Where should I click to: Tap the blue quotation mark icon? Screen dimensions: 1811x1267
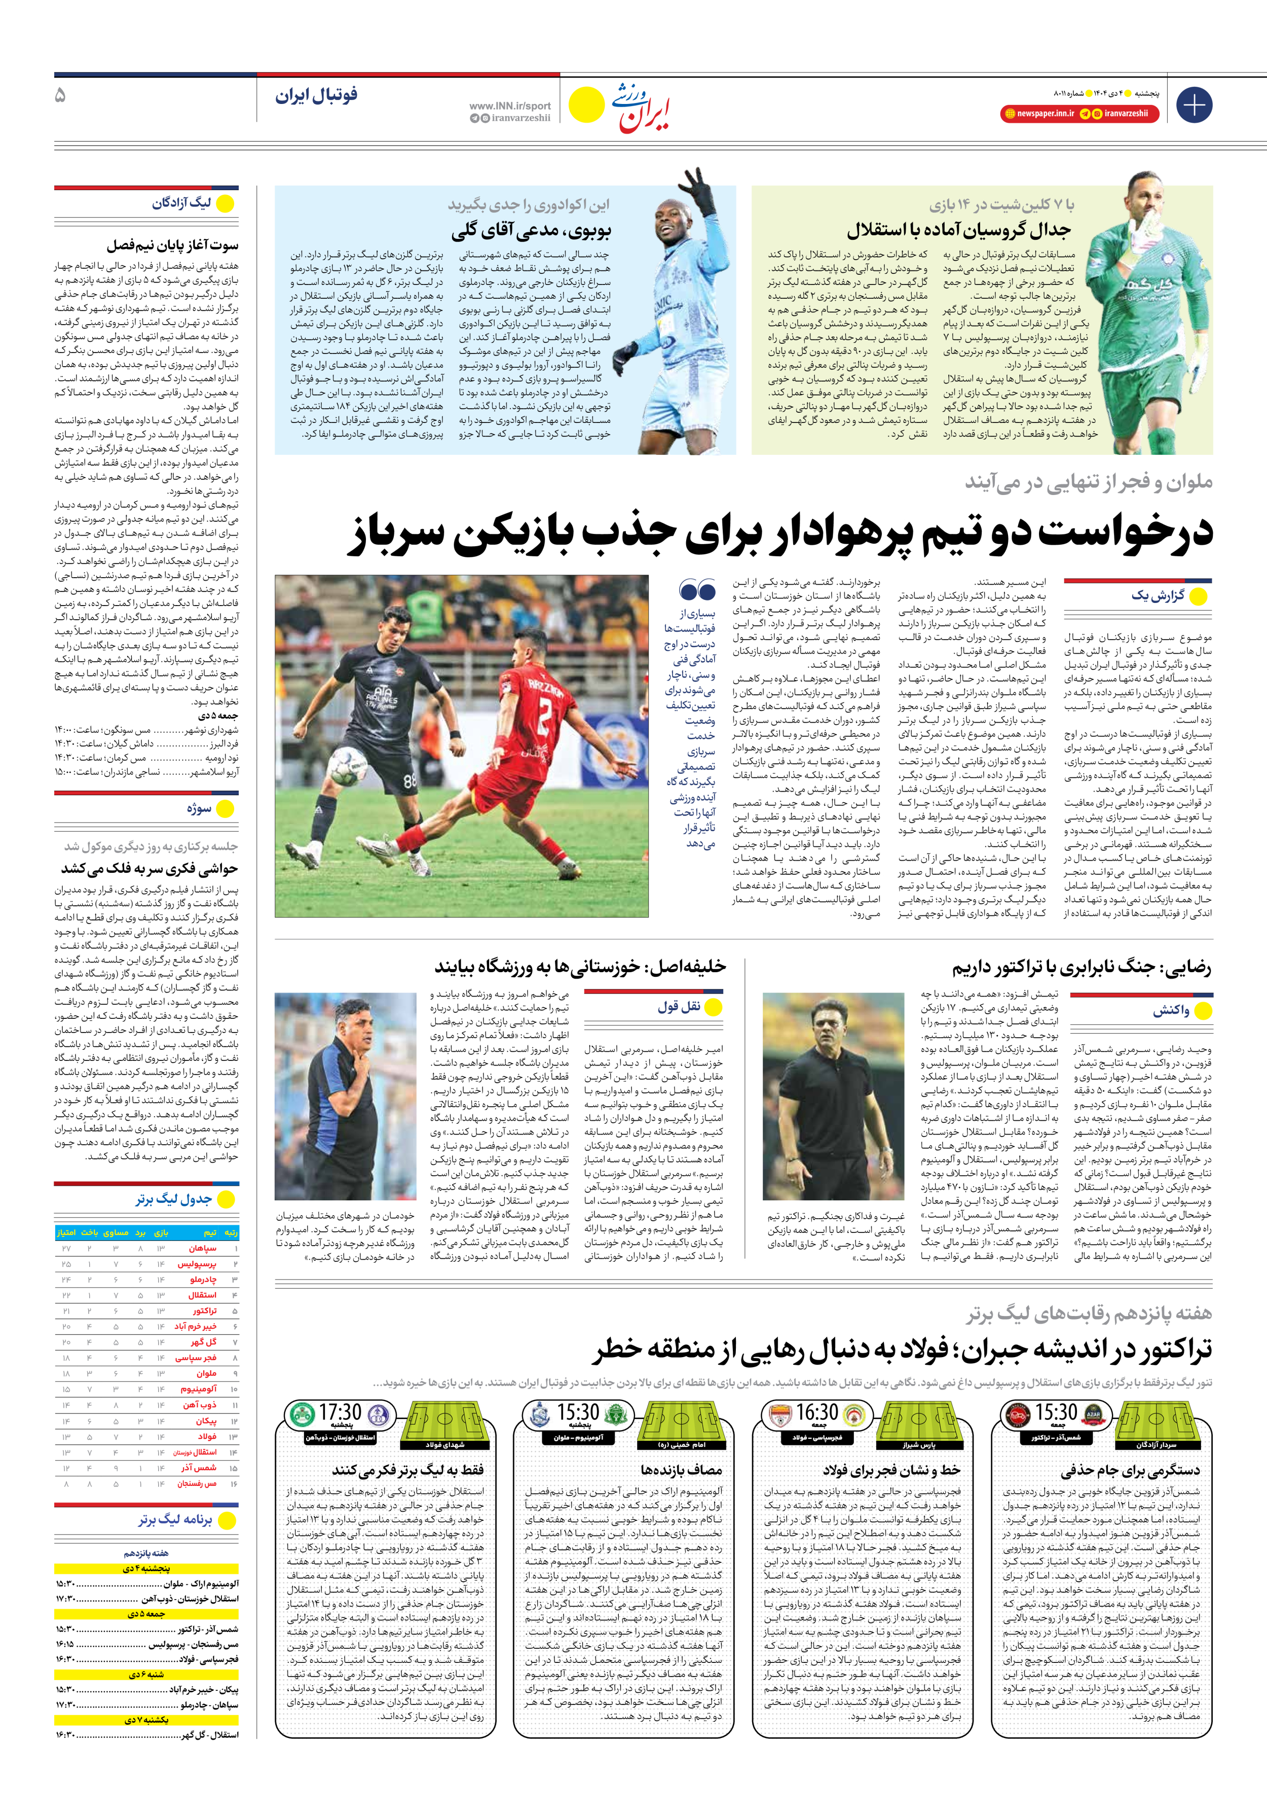pyautogui.click(x=697, y=590)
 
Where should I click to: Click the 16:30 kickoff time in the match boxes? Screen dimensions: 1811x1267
pyautogui.click(x=816, y=1412)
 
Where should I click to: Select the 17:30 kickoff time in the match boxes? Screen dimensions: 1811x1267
pyautogui.click(x=340, y=1412)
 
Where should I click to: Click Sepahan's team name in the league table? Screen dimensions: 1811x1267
pyautogui.click(x=202, y=1249)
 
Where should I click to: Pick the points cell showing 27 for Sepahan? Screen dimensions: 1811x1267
pyautogui.click(x=66, y=1249)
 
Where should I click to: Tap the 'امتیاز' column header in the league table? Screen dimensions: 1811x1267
pyautogui.click(x=66, y=1232)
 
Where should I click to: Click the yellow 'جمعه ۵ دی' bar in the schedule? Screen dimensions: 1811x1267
pyautogui.click(x=146, y=1614)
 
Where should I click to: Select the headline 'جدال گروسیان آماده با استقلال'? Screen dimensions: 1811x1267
pyautogui.click(x=959, y=230)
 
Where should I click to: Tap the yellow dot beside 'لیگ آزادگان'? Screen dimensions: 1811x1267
pyautogui.click(x=226, y=203)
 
